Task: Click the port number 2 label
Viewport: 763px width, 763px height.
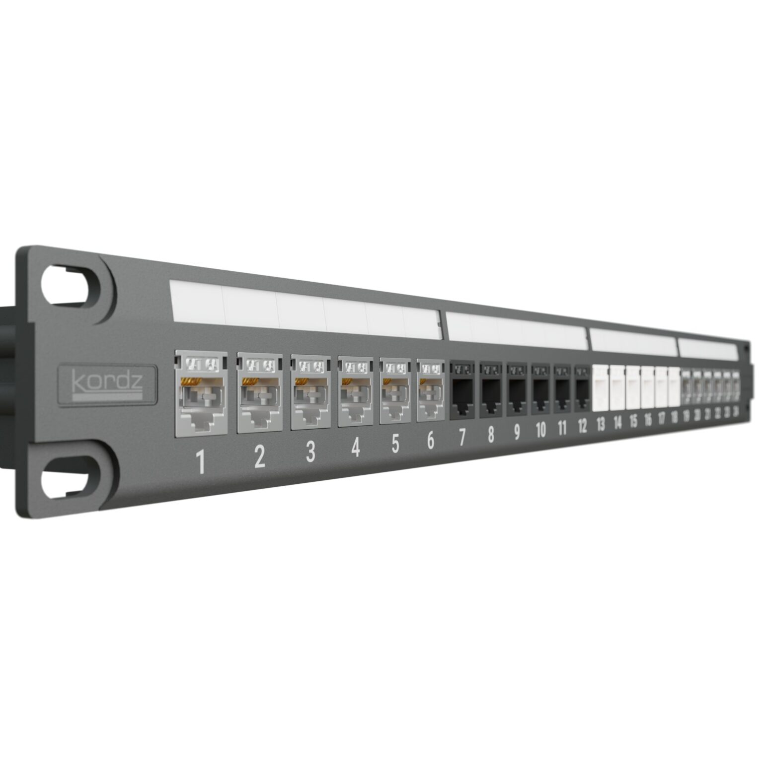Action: pos(259,458)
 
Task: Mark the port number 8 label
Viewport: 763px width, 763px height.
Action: pos(490,435)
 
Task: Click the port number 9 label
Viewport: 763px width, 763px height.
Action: pos(517,433)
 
